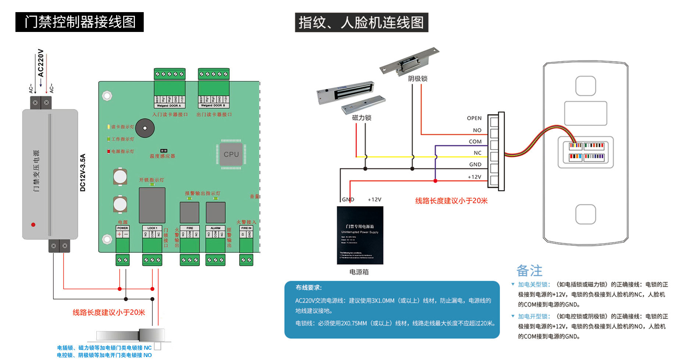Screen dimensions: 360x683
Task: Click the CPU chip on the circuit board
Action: click(x=231, y=154)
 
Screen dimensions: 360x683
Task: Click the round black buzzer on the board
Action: click(x=145, y=128)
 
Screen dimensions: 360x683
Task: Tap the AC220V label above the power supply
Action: click(x=41, y=63)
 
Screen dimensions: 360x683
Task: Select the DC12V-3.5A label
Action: click(x=83, y=172)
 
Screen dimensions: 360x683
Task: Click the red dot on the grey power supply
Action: click(x=33, y=224)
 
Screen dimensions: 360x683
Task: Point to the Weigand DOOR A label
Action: click(x=169, y=106)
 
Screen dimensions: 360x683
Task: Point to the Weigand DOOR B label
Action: click(x=213, y=106)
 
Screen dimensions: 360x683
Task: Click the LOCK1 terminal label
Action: click(x=152, y=228)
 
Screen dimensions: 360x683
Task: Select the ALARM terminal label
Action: click(x=215, y=228)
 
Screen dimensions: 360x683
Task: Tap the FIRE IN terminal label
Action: click(x=246, y=228)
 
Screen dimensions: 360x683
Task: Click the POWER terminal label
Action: click(x=122, y=228)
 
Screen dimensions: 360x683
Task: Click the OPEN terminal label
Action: click(x=474, y=118)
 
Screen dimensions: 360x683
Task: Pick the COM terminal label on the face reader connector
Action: click(x=475, y=142)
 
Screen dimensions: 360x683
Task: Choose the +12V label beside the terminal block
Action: click(x=474, y=177)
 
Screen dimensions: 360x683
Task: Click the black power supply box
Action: click(x=360, y=235)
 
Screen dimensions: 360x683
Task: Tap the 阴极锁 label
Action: click(x=418, y=79)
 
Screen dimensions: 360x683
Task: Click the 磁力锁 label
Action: click(x=362, y=118)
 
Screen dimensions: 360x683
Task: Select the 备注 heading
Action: click(x=529, y=271)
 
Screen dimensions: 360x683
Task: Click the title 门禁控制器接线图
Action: click(x=80, y=22)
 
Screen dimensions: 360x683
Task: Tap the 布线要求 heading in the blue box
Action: click(x=309, y=288)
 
